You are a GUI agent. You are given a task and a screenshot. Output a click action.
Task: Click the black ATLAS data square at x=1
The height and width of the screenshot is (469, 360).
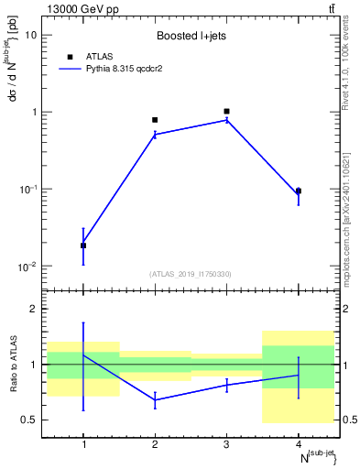(83, 245)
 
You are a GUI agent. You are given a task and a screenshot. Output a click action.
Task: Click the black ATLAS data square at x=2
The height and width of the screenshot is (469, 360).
(155, 120)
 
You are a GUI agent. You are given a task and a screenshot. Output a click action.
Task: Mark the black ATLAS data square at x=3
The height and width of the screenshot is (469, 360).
(226, 112)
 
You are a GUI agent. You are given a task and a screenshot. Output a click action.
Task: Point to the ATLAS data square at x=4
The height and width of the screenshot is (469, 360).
(299, 191)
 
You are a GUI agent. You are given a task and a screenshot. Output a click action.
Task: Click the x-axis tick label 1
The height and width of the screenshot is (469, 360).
(83, 446)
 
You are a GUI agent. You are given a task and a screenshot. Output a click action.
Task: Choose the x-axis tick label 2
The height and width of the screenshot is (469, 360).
(155, 446)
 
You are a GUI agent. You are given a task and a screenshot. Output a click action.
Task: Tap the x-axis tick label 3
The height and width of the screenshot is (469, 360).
(226, 446)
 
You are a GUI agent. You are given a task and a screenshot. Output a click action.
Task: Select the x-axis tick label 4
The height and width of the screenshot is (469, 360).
(299, 446)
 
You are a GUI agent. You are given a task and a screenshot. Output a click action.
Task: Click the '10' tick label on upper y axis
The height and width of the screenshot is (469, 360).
(31, 35)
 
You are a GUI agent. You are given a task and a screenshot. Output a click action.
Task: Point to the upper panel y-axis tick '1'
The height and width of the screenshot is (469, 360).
(35, 112)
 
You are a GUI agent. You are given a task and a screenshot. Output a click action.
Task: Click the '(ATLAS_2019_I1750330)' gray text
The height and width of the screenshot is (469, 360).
(191, 274)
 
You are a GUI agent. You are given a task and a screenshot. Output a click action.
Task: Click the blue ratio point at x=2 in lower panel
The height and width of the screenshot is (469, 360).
(155, 399)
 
